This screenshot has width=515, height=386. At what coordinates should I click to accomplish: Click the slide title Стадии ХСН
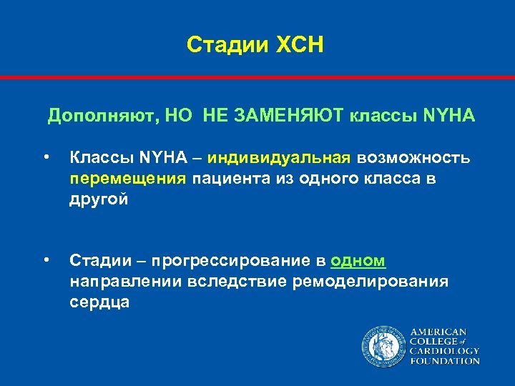[x=255, y=45]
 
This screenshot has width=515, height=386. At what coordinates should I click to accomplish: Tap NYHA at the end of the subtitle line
[x=448, y=116]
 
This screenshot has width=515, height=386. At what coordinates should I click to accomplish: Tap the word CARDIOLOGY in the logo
[x=444, y=352]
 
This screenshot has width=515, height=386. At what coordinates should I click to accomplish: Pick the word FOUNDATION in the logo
[x=444, y=361]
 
